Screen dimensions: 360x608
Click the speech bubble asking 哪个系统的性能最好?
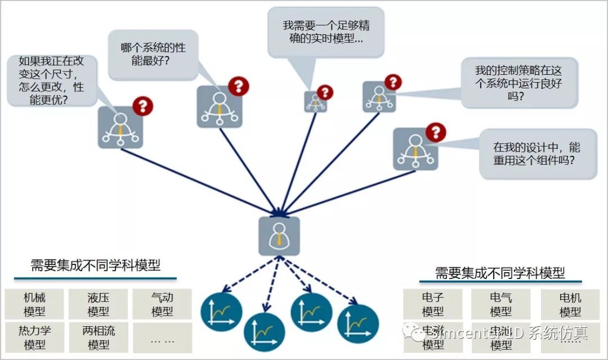[153, 55]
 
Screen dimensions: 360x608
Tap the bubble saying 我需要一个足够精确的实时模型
[325, 32]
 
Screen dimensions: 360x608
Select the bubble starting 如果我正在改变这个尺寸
[52, 80]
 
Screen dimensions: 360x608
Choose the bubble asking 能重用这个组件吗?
[537, 154]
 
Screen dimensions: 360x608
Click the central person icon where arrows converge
[279, 236]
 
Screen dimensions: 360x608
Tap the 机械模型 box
[35, 304]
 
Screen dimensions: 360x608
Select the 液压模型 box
[99, 304]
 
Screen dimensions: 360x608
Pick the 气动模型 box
[162, 304]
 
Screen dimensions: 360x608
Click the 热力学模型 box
[35, 337]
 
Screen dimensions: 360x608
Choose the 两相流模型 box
[99, 337]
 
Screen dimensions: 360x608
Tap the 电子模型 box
[432, 304]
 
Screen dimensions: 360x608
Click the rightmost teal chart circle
[358, 322]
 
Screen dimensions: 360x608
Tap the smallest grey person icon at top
[315, 102]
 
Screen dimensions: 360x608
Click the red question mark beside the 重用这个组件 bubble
[435, 133]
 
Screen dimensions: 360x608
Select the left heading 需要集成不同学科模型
[95, 266]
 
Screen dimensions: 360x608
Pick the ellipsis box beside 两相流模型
[162, 338]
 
